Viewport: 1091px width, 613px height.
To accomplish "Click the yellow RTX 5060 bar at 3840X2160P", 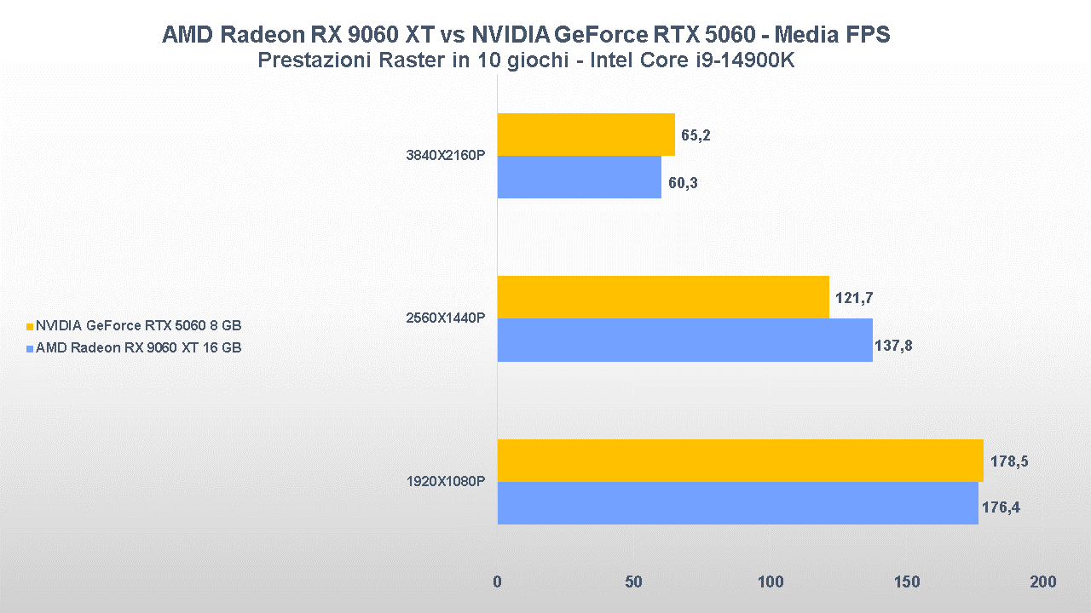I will (586, 135).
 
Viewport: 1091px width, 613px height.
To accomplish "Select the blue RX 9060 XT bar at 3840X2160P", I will (579, 177).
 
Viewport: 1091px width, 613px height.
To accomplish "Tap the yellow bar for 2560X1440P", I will (662, 297).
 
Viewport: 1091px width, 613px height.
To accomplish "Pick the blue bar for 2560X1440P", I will (684, 340).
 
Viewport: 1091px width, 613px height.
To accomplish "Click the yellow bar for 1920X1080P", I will (740, 461).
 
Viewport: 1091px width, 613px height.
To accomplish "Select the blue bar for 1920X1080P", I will (737, 503).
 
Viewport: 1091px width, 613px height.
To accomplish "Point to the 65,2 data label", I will (696, 135).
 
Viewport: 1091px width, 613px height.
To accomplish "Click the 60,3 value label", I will (682, 182).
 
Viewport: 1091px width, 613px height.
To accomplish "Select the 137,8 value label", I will (893, 346).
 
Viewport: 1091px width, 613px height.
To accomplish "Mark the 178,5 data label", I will (1009, 461).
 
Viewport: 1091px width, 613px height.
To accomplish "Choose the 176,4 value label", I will (1002, 508).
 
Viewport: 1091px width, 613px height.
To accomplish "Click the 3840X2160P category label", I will (446, 156).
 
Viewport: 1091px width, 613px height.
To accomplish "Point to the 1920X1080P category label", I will (446, 482).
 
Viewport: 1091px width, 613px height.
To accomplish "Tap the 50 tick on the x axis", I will (633, 582).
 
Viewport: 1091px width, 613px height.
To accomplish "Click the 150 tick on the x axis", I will (907, 582).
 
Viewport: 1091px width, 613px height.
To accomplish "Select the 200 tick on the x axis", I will (1042, 582).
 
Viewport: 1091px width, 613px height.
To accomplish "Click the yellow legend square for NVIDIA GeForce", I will (30, 326).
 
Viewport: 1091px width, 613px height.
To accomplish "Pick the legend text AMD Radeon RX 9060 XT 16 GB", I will (138, 347).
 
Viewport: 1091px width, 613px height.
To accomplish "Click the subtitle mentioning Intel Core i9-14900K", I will (526, 61).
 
